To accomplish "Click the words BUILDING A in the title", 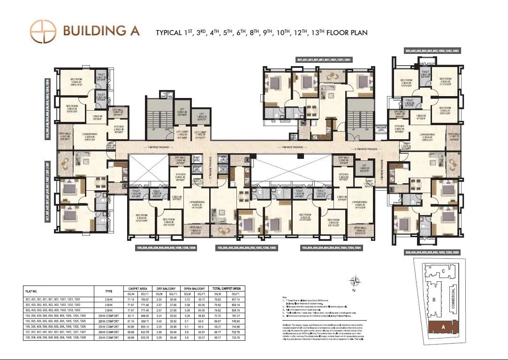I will pyautogui.click(x=101, y=30).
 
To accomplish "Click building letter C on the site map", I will pyautogui.click(x=442, y=271).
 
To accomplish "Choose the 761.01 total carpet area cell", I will pyautogui.click(x=235, y=316).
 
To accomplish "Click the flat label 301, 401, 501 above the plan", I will pyautogui.click(x=324, y=60).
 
